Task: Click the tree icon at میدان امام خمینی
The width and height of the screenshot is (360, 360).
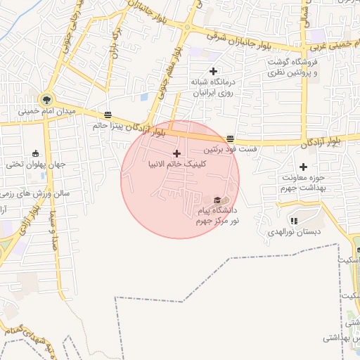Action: point(46,99)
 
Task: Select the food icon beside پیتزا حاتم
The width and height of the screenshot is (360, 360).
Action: point(107,114)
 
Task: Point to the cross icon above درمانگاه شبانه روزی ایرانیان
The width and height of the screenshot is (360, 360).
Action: point(213,71)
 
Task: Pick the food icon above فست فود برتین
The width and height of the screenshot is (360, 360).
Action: point(231,138)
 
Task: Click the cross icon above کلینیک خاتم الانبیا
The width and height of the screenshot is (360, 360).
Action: point(176,153)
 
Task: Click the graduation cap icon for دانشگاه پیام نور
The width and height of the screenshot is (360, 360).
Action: point(217,200)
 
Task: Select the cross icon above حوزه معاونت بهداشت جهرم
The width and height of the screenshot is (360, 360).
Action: point(303,167)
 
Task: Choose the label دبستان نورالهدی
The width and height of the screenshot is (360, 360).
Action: point(295,231)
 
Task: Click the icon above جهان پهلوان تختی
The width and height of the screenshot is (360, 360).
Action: point(36,154)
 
